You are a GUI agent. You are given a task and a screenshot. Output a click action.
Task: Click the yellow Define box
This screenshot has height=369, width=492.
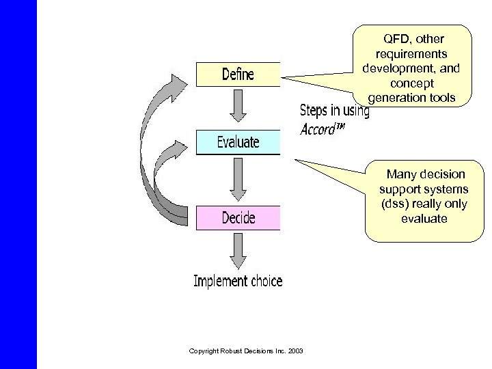pyautogui.click(x=238, y=74)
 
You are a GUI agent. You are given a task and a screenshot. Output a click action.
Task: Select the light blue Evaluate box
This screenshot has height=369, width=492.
pyautogui.click(x=238, y=142)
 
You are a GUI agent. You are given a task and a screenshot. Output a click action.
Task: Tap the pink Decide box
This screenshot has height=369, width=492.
pyautogui.click(x=238, y=218)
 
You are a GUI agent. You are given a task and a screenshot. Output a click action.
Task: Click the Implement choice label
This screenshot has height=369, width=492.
pyautogui.click(x=238, y=281)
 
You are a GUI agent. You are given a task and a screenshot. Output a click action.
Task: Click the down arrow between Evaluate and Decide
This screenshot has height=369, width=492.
pyautogui.click(x=238, y=180)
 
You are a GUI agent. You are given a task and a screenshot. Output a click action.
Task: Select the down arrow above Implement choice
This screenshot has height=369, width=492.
pyautogui.click(x=238, y=251)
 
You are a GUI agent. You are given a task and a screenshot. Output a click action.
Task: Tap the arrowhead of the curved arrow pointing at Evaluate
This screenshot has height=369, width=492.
pyautogui.click(x=180, y=150)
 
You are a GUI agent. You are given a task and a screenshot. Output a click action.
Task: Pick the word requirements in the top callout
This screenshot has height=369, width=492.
pyautogui.click(x=411, y=53)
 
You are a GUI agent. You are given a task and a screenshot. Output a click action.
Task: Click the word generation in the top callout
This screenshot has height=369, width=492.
pyautogui.click(x=396, y=98)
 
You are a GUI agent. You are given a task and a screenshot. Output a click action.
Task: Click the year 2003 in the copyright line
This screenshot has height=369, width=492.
pyautogui.click(x=297, y=351)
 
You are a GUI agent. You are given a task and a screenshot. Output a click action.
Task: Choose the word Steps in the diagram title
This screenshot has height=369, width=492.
pyautogui.click(x=316, y=111)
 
